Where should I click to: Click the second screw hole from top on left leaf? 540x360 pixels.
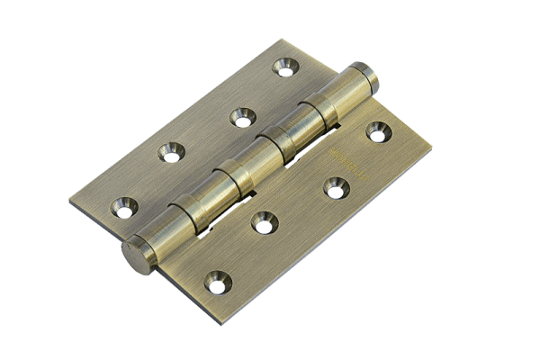[238, 115]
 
